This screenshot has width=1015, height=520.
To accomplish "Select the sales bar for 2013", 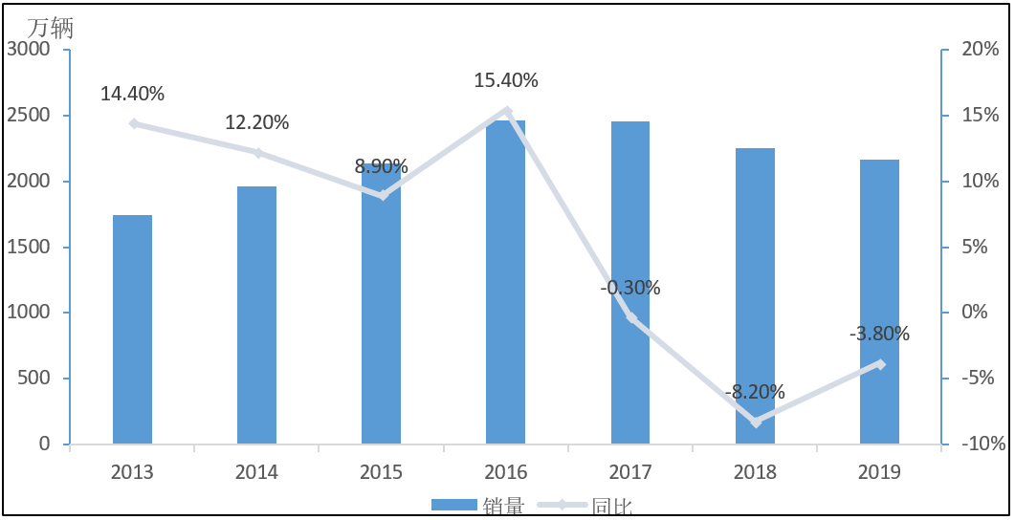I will [x=132, y=329].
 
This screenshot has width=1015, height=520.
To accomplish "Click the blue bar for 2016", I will [x=505, y=282].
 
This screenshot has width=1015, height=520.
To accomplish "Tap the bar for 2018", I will [x=755, y=295].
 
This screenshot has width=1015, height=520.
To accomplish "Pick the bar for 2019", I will [x=879, y=301].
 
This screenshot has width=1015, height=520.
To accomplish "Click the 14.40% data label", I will [x=132, y=94].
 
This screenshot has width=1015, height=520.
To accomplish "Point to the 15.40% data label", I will [x=506, y=80].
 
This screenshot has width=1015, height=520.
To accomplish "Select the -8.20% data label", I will [x=755, y=391].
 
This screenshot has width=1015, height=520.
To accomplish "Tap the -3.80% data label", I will [x=879, y=334].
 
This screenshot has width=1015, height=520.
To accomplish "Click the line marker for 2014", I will [x=256, y=153].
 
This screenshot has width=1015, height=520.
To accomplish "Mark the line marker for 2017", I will [x=630, y=317].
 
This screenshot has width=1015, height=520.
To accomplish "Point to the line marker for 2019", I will [x=880, y=363].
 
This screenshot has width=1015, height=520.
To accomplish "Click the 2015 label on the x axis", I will [x=381, y=472].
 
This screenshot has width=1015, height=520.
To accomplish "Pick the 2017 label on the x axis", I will [x=630, y=472].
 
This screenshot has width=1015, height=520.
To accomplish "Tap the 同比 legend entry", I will [x=612, y=507].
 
